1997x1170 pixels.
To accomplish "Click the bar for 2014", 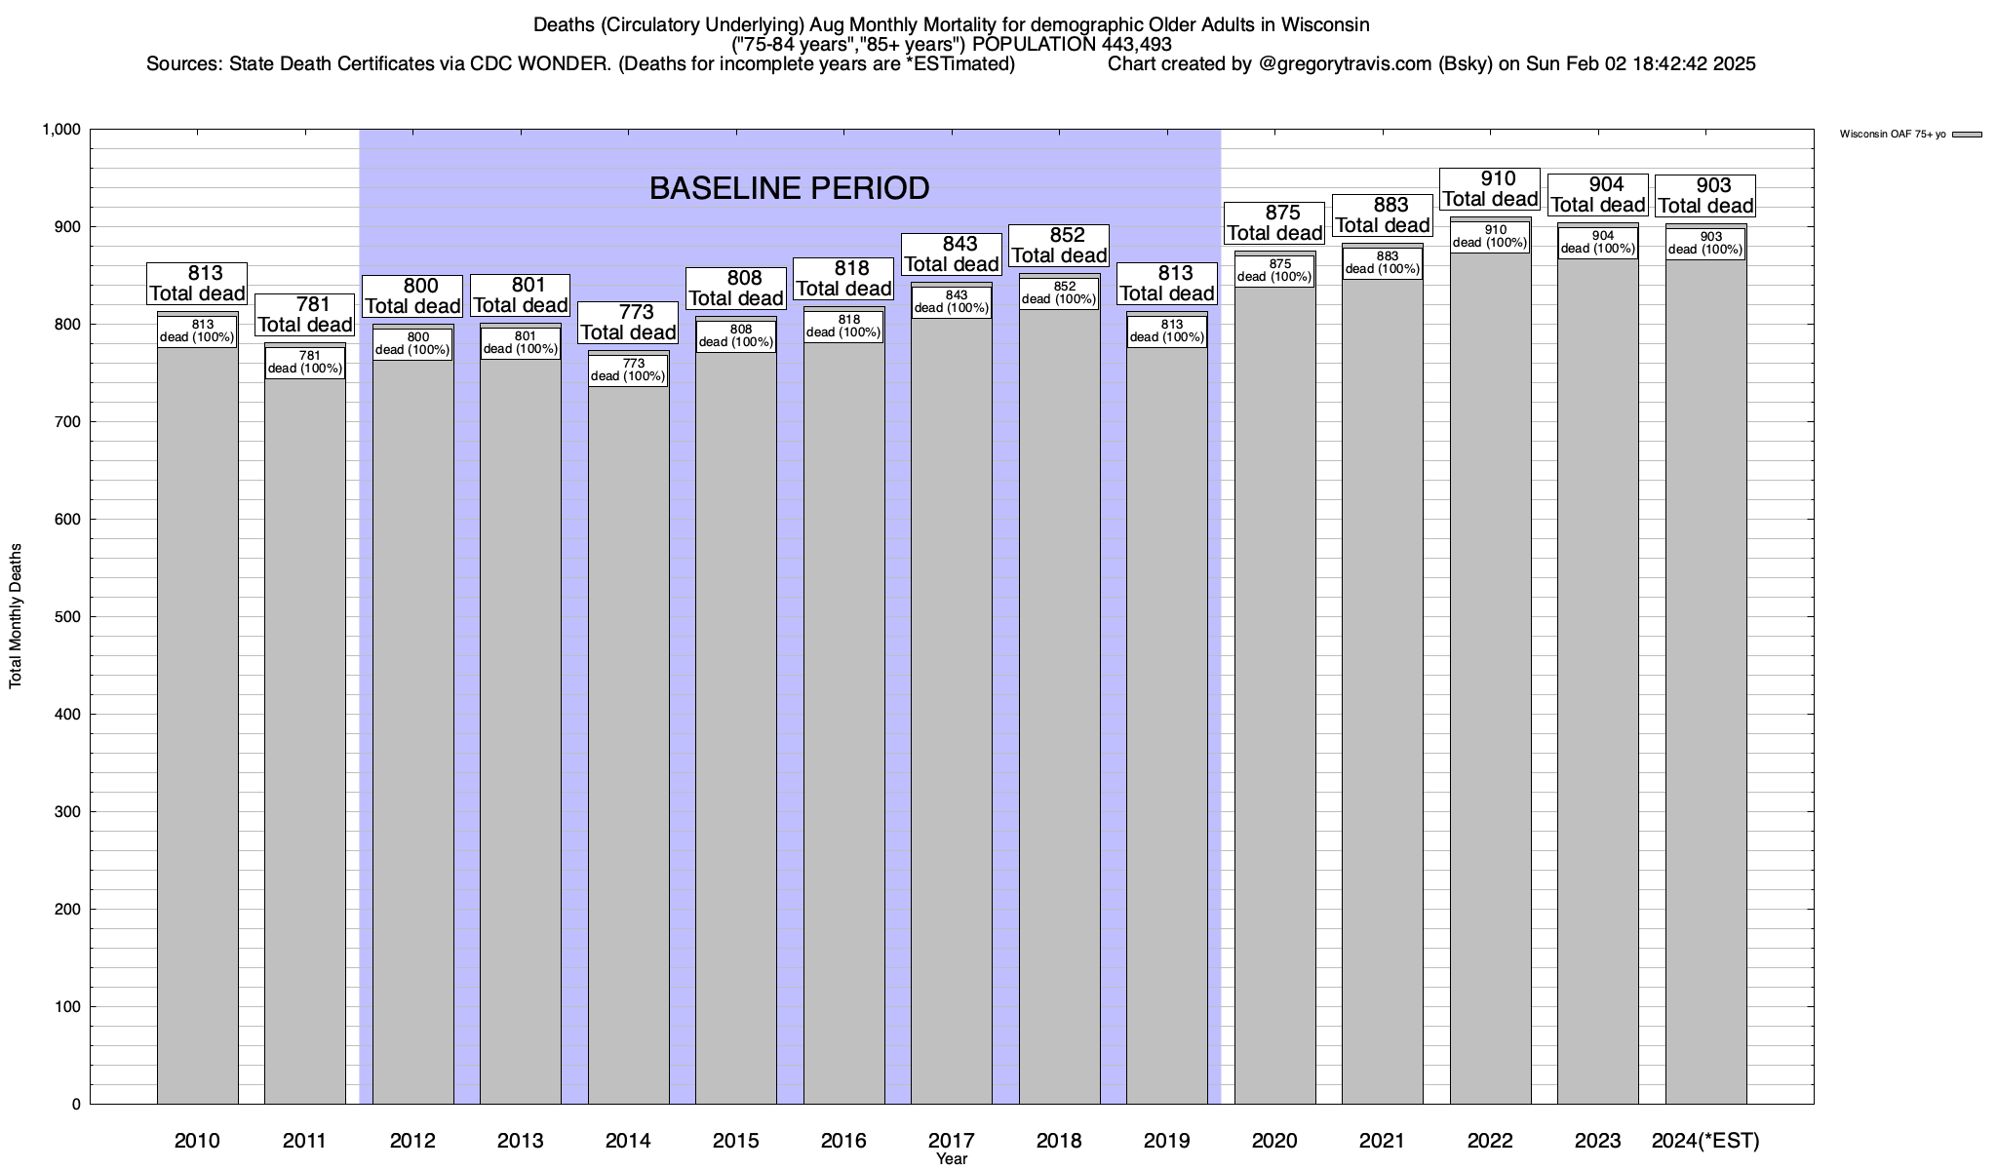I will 628,741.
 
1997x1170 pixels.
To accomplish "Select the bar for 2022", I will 1490,682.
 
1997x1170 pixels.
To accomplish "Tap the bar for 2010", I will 197,721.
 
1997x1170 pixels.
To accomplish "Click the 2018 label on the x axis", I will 1059,1140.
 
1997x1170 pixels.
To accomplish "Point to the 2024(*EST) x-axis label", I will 1705,1140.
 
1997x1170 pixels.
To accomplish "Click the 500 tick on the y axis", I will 67,617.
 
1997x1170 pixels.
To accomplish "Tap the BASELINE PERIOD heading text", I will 789,188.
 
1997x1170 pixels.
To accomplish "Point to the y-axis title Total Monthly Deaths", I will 16,616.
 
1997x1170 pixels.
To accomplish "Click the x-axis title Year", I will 951,1158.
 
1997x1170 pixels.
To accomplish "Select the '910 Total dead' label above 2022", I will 1490,189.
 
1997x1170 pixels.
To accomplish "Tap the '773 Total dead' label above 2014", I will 628,323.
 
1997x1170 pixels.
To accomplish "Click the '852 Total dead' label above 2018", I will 1059,246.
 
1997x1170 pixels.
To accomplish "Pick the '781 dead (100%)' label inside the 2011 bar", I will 305,363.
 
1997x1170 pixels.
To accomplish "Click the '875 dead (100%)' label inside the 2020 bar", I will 1274,270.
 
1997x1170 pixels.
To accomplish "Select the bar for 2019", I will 1167,721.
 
